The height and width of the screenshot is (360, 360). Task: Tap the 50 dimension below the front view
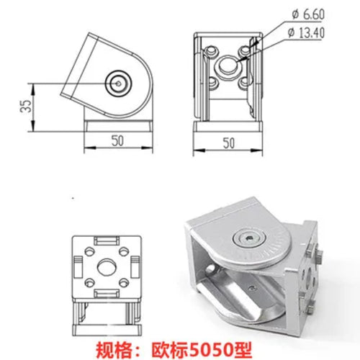click(x=229, y=143)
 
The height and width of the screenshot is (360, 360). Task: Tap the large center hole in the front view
click(x=228, y=66)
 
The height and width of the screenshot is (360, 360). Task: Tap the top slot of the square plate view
click(x=106, y=238)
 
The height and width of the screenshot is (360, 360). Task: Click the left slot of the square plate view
click(x=76, y=268)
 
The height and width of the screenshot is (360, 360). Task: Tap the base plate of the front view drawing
click(x=229, y=127)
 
